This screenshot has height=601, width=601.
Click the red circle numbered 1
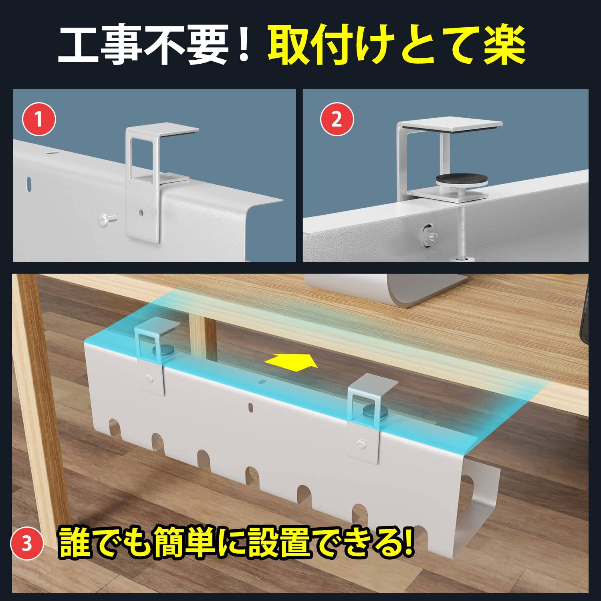click(x=38, y=119)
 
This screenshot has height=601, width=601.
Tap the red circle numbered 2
click(x=337, y=119)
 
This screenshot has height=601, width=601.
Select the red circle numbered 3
click(x=27, y=544)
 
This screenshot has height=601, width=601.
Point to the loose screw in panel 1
click(x=107, y=219)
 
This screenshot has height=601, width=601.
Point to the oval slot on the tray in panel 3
click(x=251, y=408)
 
